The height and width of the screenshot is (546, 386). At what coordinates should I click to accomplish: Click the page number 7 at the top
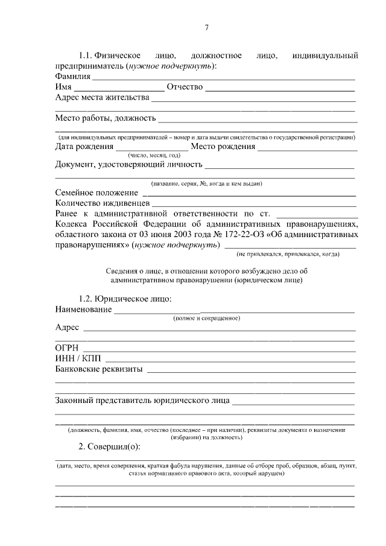(x=206, y=28)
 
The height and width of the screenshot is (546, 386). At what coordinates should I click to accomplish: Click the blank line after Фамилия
(x=223, y=78)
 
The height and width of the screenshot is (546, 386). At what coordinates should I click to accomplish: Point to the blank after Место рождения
(x=308, y=148)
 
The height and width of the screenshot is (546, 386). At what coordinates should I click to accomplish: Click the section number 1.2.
(x=88, y=299)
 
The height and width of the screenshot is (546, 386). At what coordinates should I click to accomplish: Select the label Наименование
(x=83, y=310)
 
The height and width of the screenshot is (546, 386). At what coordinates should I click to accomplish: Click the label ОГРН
(x=67, y=348)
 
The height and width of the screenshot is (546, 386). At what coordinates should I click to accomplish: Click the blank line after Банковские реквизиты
(x=250, y=370)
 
